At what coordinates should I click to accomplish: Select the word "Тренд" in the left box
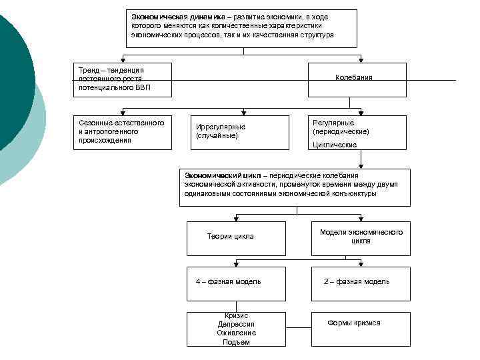[x=89, y=70]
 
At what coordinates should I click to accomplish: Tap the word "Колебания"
[x=353, y=77]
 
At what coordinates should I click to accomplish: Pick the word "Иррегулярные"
[x=221, y=127]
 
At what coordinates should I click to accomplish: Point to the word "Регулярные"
[x=334, y=123]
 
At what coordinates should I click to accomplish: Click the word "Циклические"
[x=335, y=145]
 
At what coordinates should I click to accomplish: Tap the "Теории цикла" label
[x=231, y=236]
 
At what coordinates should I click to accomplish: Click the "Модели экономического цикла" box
[x=361, y=237]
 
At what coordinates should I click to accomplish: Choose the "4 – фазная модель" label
[x=229, y=281]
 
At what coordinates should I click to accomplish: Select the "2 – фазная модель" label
[x=357, y=281]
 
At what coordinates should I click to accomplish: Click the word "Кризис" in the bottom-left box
[x=236, y=315]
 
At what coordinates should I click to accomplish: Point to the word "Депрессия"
[x=236, y=324]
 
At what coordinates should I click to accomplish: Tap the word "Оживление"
[x=236, y=333]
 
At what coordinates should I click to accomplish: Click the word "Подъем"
[x=236, y=342]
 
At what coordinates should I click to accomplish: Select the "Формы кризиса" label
[x=354, y=323]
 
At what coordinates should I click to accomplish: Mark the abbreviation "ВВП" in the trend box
[x=143, y=87]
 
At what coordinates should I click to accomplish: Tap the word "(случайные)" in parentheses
[x=217, y=136]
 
